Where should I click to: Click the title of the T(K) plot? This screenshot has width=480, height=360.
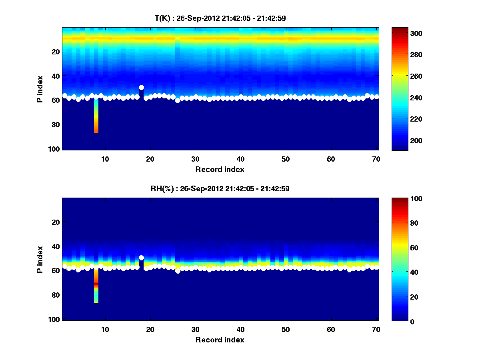coord(220,18)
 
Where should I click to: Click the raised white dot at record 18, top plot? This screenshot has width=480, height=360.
coord(141,87)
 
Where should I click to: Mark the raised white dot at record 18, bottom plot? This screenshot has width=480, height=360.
coord(141,258)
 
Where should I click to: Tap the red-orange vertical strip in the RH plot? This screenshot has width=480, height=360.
coord(96,286)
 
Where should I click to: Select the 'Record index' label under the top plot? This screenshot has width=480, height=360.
coord(220,169)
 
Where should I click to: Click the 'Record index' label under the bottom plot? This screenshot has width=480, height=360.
coord(220,340)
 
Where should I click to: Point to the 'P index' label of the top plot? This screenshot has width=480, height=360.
coord(40,89)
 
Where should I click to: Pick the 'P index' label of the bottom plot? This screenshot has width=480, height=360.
coord(40,259)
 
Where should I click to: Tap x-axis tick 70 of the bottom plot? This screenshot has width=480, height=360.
coord(376,329)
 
